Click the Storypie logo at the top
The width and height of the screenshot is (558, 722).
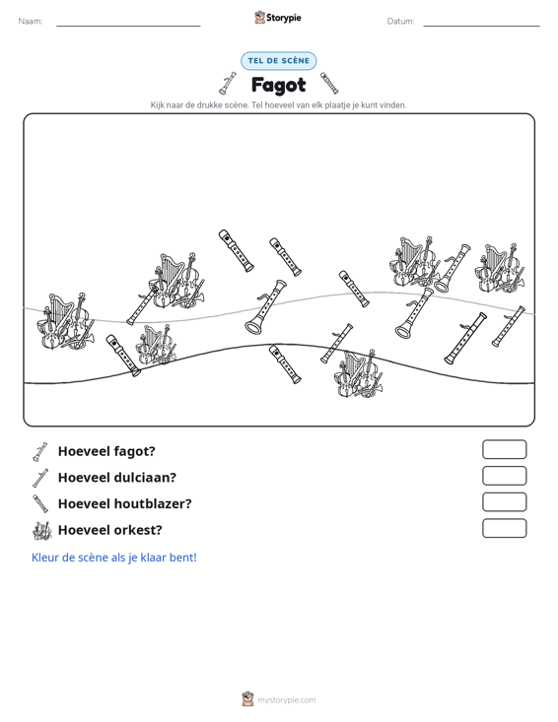pos(278,18)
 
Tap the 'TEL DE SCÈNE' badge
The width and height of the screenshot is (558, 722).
pos(278,61)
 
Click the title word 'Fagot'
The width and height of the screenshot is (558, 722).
pos(278,85)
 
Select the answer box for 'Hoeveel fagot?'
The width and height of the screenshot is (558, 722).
pos(504,449)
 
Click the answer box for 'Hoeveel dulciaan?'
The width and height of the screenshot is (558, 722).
pos(504,476)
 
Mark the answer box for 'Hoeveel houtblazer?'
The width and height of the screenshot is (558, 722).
pos(504,502)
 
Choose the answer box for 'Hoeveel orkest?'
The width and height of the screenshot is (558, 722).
pos(504,528)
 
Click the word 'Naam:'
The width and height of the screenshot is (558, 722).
pos(31,22)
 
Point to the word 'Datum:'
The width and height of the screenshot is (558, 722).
pos(400,22)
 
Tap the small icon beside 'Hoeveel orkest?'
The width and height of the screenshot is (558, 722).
pos(41,531)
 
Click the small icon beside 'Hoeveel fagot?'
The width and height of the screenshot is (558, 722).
pos(39,452)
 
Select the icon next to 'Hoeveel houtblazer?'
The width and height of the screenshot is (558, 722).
pos(40,503)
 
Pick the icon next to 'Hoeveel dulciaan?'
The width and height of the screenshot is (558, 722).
pos(40,478)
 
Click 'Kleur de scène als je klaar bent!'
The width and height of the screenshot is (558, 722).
pos(113,558)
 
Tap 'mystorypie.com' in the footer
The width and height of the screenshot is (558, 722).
pos(286,700)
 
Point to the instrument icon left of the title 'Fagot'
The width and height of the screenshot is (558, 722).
pos(228,84)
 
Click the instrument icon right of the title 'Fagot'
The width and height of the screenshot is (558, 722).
pos(329,83)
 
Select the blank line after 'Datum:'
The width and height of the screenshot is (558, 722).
pos(481,26)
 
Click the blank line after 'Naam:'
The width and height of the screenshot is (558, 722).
pos(128,26)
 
